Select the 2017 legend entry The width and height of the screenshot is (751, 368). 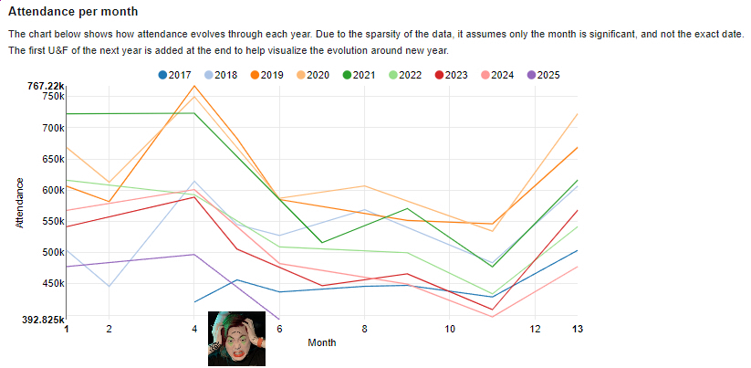174,74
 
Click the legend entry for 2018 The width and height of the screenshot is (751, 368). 220,74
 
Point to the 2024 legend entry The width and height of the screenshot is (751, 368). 498,74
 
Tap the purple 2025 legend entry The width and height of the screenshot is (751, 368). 545,74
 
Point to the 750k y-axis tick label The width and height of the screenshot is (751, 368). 53,96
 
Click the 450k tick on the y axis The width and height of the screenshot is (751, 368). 53,283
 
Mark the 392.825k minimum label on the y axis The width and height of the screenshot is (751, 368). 43,321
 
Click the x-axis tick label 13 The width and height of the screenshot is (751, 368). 577,329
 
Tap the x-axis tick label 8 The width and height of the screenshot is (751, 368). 364,329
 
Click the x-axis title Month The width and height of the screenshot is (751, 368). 321,343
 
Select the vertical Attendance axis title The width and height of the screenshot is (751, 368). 19,204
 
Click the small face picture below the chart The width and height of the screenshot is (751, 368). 236,339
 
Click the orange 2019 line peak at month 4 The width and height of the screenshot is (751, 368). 194,86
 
